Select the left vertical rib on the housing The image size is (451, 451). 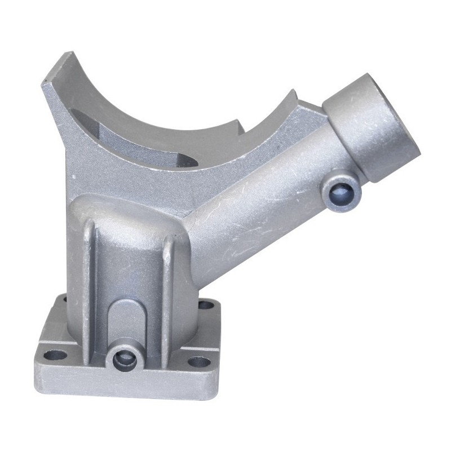pos(89,271)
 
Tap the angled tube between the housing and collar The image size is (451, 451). pos(265,197)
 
